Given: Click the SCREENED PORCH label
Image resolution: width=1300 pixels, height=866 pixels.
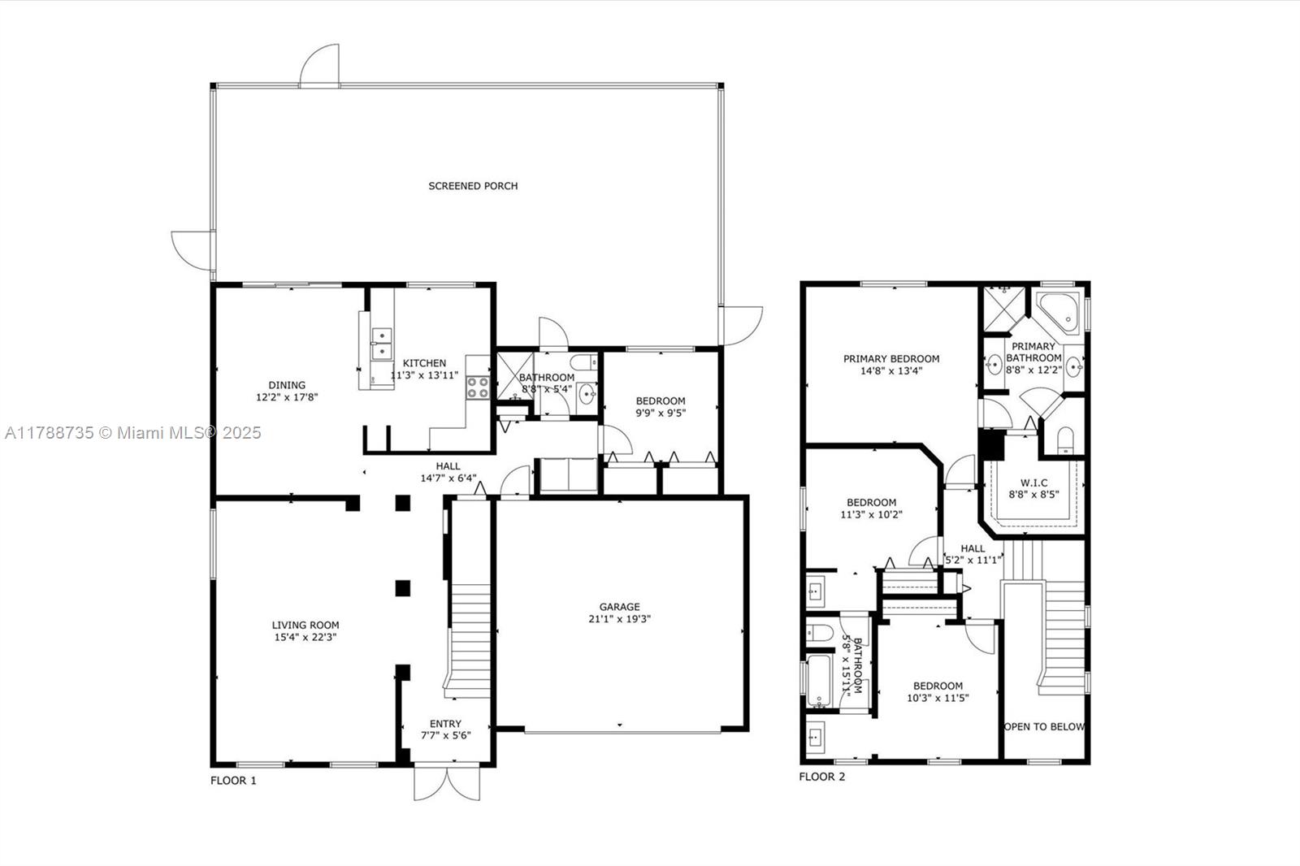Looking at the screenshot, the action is click(x=473, y=186).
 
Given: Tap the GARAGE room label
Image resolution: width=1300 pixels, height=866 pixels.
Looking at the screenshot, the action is click(x=620, y=607).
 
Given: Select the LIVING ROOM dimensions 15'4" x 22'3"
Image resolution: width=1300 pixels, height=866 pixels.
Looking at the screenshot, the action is click(x=305, y=637).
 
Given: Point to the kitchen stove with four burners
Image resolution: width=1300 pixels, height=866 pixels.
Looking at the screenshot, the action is click(x=478, y=388).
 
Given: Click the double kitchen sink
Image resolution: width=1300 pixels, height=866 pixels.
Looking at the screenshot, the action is click(x=381, y=344).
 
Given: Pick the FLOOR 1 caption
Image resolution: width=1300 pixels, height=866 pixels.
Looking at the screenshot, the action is click(x=233, y=781).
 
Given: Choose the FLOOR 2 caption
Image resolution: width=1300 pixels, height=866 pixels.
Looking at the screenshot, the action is click(x=822, y=777).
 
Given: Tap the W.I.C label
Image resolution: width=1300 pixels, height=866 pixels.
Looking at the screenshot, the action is click(x=1034, y=483).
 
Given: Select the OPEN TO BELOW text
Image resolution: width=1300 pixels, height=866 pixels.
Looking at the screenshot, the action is click(x=1044, y=727).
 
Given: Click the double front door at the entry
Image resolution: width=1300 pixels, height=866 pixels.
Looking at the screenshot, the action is click(x=447, y=783).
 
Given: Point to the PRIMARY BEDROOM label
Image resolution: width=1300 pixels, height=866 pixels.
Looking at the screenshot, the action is click(x=891, y=359).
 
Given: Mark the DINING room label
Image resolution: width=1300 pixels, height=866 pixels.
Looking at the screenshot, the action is click(x=287, y=385).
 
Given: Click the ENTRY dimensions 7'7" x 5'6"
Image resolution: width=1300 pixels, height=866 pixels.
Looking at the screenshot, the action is click(x=446, y=736).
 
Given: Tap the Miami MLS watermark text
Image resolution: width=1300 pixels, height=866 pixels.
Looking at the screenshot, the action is click(x=133, y=433).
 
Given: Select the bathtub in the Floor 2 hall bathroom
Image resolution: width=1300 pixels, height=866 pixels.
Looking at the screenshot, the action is click(x=818, y=681).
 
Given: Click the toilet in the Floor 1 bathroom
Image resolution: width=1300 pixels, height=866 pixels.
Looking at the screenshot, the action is click(x=584, y=363).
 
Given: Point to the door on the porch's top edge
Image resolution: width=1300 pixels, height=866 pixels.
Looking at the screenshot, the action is click(x=319, y=66).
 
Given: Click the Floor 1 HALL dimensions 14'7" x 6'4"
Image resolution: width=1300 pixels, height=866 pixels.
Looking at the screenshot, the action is click(x=448, y=478).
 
